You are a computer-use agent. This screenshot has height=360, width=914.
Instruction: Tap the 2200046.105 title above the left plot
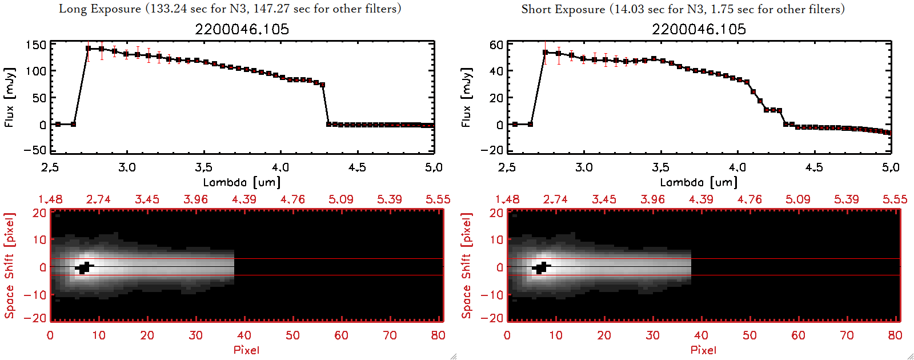coord(242,29)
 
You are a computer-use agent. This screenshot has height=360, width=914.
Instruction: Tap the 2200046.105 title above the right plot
coord(699,29)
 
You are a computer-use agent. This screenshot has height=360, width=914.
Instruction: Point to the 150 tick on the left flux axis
coord(35,45)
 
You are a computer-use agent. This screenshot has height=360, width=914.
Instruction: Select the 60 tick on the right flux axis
coord(496,45)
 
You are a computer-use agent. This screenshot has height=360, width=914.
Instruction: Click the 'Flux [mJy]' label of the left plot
coord(9,97)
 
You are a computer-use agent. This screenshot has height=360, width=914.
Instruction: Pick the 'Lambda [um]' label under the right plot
coord(699,182)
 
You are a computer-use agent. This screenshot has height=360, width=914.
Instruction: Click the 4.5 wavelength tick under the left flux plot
coord(357,167)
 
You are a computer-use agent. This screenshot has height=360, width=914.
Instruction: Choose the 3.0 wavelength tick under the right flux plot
coord(584,167)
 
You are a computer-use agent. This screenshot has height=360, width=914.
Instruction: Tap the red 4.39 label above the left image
coord(244,199)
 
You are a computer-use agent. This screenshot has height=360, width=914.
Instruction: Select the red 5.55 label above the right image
coord(895,199)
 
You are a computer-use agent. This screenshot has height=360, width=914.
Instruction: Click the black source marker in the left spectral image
coord(84,267)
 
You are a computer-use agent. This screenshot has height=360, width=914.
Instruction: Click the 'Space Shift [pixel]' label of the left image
coord(9,266)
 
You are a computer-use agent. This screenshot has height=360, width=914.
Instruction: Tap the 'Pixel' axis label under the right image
coord(703,350)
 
